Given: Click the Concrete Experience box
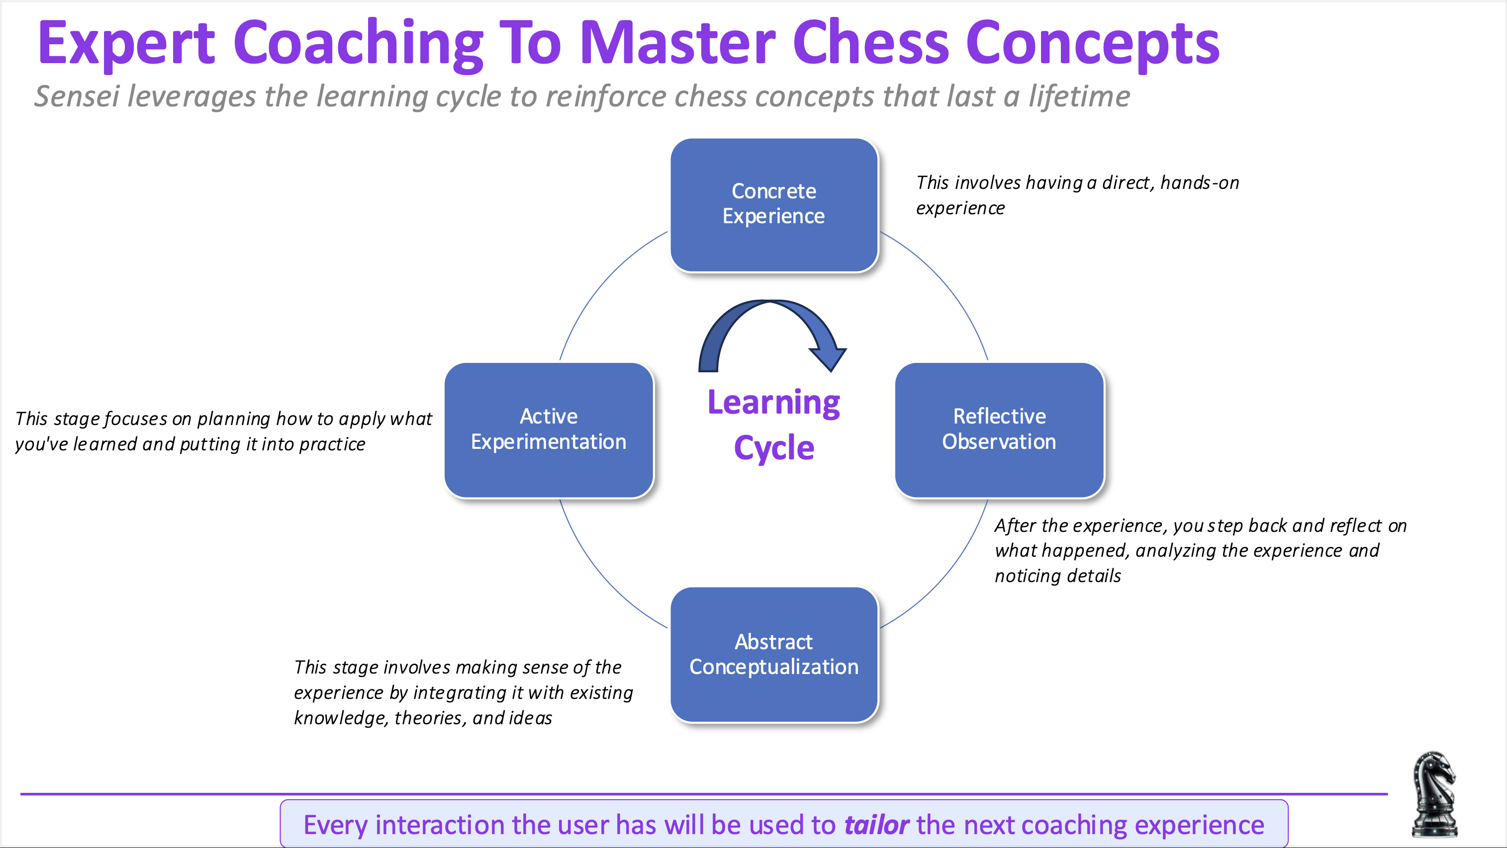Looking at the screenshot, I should (773, 205).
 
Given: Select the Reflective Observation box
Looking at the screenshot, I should (999, 430).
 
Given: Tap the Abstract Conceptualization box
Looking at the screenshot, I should (773, 655).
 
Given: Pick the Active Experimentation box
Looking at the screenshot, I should (548, 430).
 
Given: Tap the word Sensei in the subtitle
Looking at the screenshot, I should (77, 96).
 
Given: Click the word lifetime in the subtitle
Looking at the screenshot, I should (1079, 96).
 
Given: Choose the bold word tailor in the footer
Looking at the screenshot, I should (876, 825).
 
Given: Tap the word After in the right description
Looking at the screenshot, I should (1015, 526).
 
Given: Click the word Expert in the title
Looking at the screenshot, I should (126, 44).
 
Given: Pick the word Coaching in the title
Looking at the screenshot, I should (358, 44).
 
